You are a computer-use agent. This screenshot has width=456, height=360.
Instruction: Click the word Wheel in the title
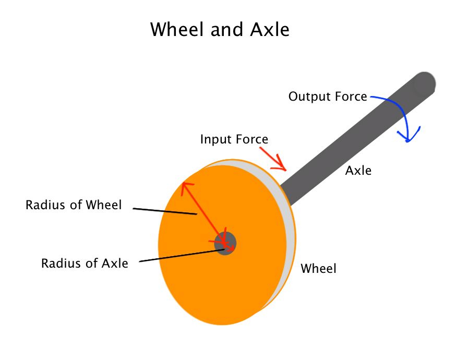point(177,29)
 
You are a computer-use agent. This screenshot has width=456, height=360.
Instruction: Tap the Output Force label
point(328,97)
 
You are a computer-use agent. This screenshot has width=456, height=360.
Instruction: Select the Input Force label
point(234,139)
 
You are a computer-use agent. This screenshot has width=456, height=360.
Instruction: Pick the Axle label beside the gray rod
point(358,170)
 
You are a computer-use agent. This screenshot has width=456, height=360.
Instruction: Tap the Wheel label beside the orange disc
point(318,269)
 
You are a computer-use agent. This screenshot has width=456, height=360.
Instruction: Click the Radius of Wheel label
point(74,205)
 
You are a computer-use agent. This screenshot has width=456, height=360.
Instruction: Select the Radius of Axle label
point(85,263)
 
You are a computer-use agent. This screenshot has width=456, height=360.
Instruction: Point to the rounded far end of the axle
point(424,84)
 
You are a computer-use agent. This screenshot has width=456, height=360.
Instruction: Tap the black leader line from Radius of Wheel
point(164,211)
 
